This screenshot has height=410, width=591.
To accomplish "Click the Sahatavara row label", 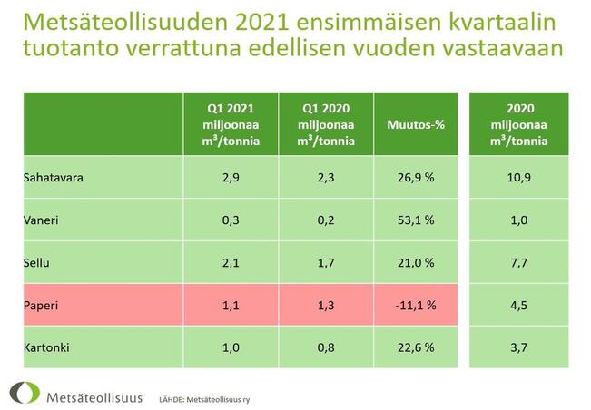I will tap(54, 178).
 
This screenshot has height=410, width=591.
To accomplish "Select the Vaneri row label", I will tap(39, 220).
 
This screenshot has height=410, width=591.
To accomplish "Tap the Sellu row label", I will tap(35, 262).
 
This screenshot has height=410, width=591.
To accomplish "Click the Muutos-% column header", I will tap(415, 124).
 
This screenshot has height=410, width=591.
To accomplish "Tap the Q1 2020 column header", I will tap(324, 124).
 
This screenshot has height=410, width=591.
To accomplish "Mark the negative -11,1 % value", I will tap(415, 305).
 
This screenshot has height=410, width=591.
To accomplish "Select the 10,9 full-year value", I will tap(518, 178).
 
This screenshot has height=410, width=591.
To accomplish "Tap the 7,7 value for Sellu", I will tap(518, 262).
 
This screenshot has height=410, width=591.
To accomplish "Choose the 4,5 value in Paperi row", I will tap(518, 305).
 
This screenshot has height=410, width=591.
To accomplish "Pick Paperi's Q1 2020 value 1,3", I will tap(324, 305).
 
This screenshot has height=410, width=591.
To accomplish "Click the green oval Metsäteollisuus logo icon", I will tap(24, 394).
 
